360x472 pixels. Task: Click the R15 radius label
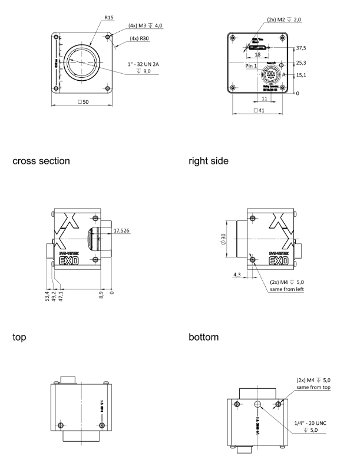(x=109, y=18)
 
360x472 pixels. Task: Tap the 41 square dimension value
(x=257, y=110)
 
